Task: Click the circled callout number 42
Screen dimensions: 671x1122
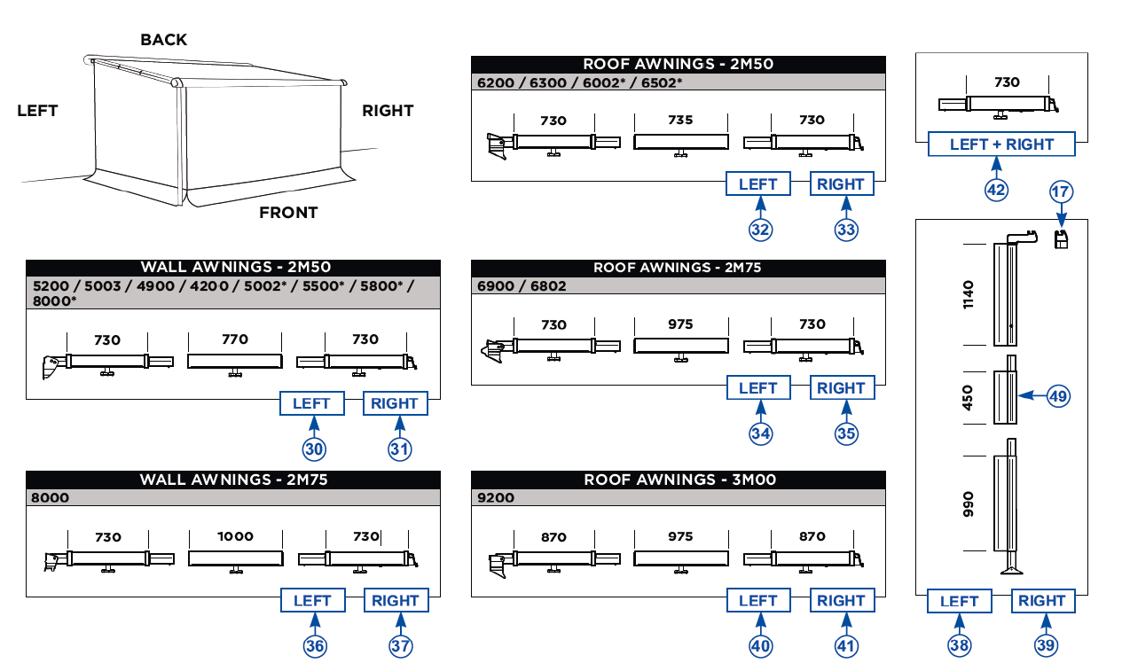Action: pyautogui.click(x=996, y=190)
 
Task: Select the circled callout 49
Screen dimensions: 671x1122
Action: pyautogui.click(x=1058, y=396)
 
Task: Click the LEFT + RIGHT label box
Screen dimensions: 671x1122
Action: pyautogui.click(x=1001, y=144)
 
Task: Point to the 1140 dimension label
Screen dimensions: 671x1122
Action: pyautogui.click(x=968, y=294)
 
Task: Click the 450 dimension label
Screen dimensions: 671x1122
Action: pyautogui.click(x=968, y=397)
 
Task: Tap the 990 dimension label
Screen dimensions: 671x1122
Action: pyautogui.click(x=968, y=503)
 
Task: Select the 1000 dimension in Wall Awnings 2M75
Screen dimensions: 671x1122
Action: pyautogui.click(x=235, y=536)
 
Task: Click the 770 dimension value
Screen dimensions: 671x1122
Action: pyautogui.click(x=235, y=339)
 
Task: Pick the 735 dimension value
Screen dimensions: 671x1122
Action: pyautogui.click(x=680, y=120)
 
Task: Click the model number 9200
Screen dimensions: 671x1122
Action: pyautogui.click(x=496, y=498)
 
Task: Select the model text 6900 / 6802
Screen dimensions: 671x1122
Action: pyautogui.click(x=522, y=285)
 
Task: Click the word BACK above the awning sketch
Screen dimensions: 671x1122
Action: pyautogui.click(x=164, y=40)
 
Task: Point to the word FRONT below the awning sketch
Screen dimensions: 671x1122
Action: pyautogui.click(x=288, y=213)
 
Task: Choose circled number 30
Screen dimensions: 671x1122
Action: pyautogui.click(x=314, y=449)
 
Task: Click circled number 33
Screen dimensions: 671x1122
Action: pyautogui.click(x=845, y=230)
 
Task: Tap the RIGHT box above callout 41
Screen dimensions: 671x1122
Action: pyautogui.click(x=841, y=601)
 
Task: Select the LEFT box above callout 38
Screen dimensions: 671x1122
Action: pyautogui.click(x=959, y=601)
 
